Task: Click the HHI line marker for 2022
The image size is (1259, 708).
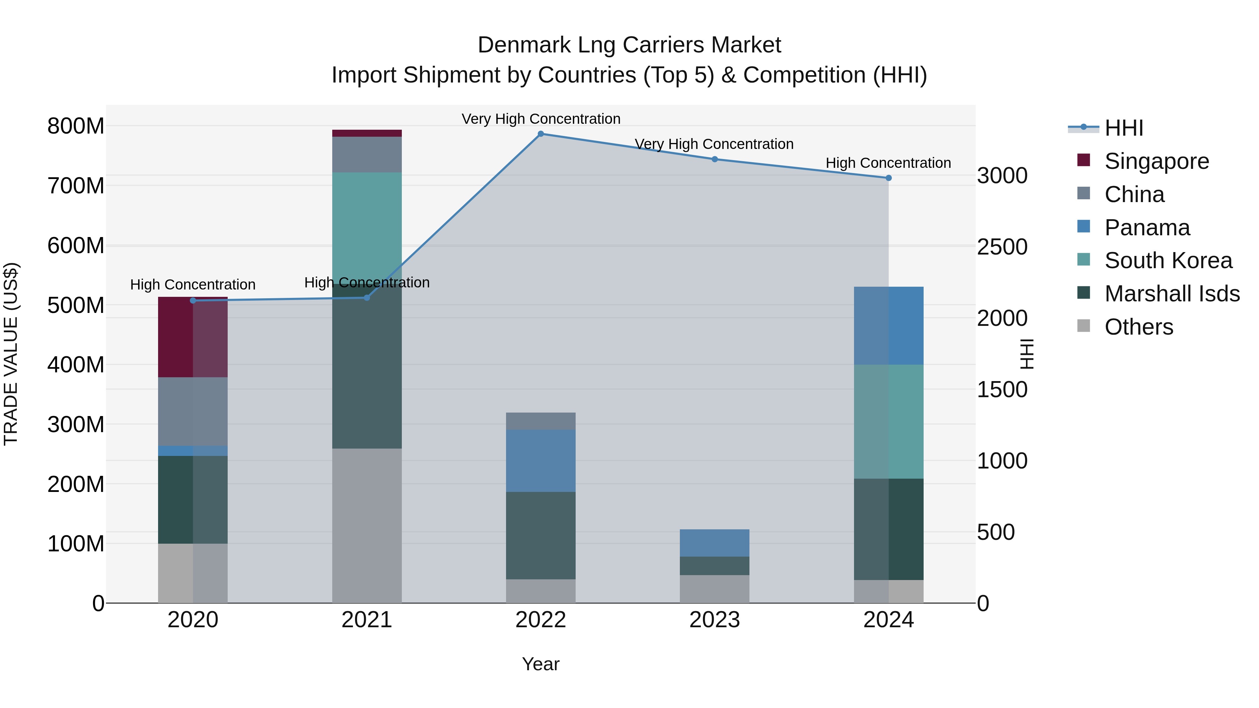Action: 541,134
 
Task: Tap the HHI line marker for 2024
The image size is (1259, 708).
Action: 889,178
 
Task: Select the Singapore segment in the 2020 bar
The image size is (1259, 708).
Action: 193,337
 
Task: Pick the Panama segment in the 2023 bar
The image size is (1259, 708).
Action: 714,543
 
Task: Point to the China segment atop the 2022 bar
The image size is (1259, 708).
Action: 541,421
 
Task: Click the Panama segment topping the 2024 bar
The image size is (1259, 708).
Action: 889,326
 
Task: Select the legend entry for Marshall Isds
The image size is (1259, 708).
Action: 1172,294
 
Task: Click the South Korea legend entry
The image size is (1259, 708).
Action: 1168,260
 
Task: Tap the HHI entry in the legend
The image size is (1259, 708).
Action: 1123,128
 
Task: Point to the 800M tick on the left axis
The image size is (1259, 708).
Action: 76,126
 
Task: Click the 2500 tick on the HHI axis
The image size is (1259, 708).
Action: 1002,247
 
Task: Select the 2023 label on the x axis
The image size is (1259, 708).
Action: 714,620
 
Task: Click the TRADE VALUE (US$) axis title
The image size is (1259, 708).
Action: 11,354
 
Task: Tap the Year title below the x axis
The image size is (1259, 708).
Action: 541,664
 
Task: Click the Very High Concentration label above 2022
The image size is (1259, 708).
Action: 541,119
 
